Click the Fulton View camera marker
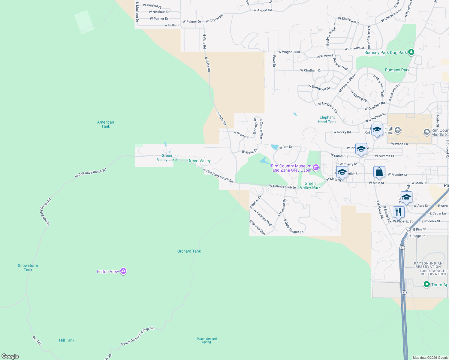[x=123, y=271]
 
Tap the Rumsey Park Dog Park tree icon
[x=411, y=52]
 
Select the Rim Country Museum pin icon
[x=315, y=168]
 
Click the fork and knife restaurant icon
[x=399, y=212]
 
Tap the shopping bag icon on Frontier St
[x=379, y=172]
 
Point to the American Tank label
[x=106, y=124]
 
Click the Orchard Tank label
[x=189, y=251]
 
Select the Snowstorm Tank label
[x=28, y=268]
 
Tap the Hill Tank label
[x=67, y=340]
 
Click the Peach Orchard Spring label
[x=207, y=340]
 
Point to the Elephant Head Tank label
[x=327, y=120]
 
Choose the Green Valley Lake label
[x=167, y=157]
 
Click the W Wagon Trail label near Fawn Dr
[x=289, y=52]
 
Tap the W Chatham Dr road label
[x=311, y=70]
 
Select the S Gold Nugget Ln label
[x=294, y=226]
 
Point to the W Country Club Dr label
[x=282, y=187]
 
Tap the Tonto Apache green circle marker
[x=426, y=284]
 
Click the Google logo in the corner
[x=10, y=356]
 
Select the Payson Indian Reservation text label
[x=428, y=265]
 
